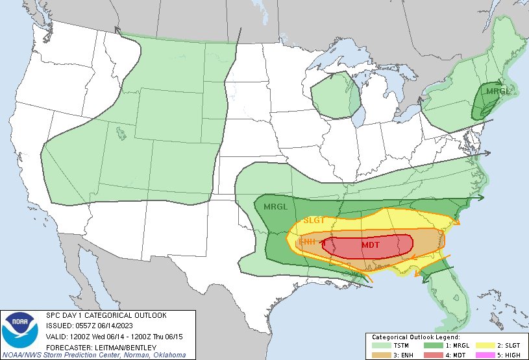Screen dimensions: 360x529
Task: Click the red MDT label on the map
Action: click(371, 245)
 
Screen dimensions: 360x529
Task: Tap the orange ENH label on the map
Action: click(306, 242)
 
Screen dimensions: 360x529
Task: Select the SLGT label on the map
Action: click(314, 221)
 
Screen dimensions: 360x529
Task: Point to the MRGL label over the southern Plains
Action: click(275, 207)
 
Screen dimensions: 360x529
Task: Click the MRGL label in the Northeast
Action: click(498, 91)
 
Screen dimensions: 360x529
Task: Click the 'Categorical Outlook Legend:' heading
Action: click(416, 337)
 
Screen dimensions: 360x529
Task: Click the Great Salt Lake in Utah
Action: click(121, 134)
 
